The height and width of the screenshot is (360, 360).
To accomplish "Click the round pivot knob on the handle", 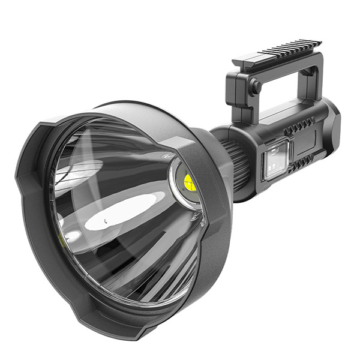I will click(255, 87).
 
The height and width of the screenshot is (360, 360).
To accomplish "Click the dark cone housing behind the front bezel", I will click(207, 144).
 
